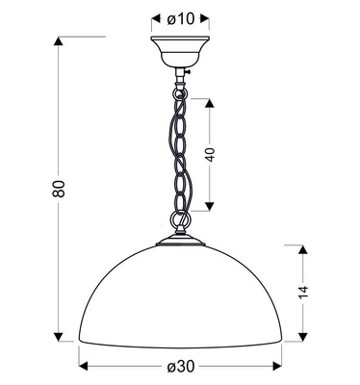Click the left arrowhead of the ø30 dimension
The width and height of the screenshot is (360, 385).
[83, 367]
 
